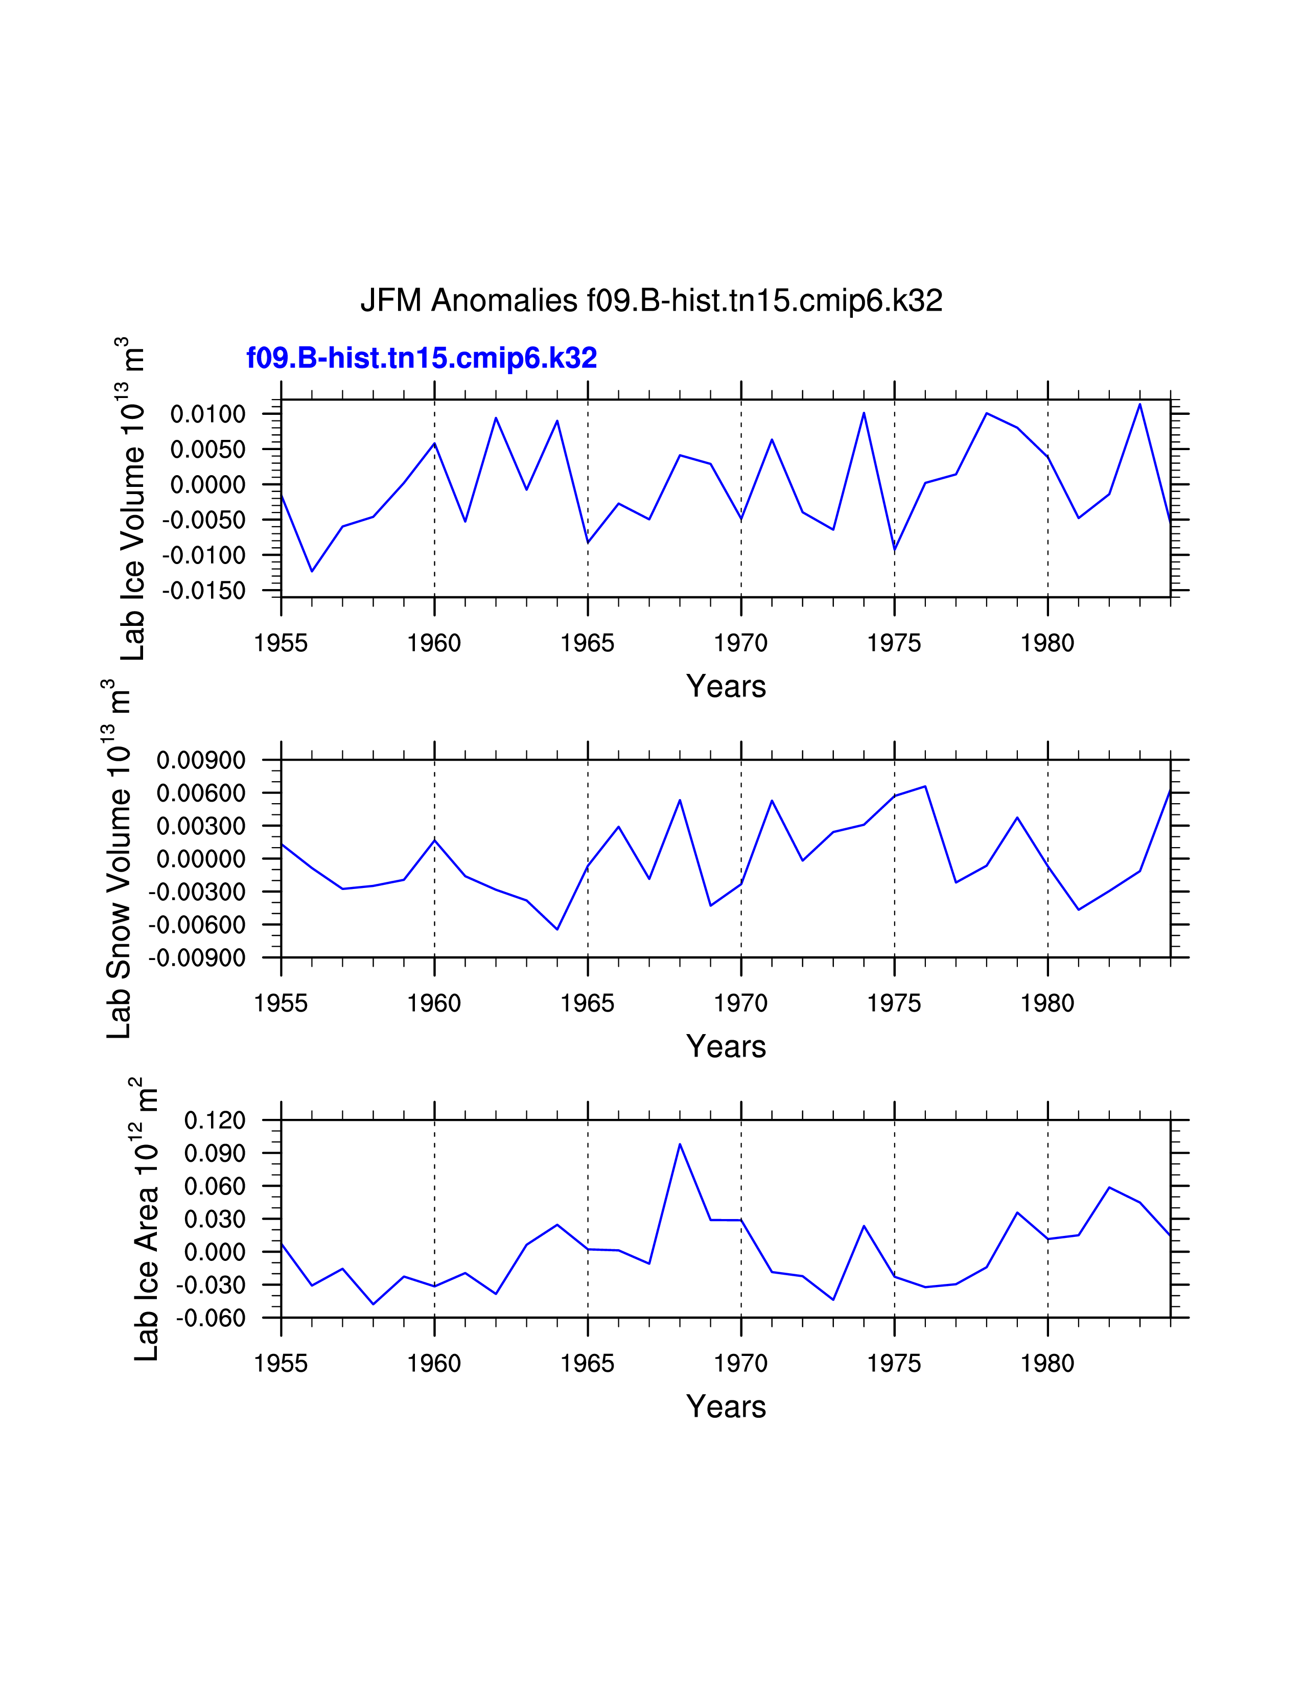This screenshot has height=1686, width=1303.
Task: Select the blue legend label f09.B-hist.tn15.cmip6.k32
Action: (x=422, y=358)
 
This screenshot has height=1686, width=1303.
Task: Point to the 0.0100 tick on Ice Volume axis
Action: (x=207, y=414)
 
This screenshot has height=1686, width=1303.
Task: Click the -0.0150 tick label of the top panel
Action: (x=204, y=591)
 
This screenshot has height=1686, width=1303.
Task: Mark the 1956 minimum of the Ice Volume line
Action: (x=312, y=571)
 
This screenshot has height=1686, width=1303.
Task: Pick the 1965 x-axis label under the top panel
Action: (x=588, y=643)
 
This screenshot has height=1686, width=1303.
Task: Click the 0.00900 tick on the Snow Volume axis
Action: (x=201, y=760)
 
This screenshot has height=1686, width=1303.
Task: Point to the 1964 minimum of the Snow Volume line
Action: (x=557, y=929)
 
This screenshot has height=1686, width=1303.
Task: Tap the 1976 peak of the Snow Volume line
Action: (x=925, y=787)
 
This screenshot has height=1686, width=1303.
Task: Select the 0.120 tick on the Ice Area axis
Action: (x=215, y=1120)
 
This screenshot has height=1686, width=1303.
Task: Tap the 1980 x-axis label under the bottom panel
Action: (x=1048, y=1364)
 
